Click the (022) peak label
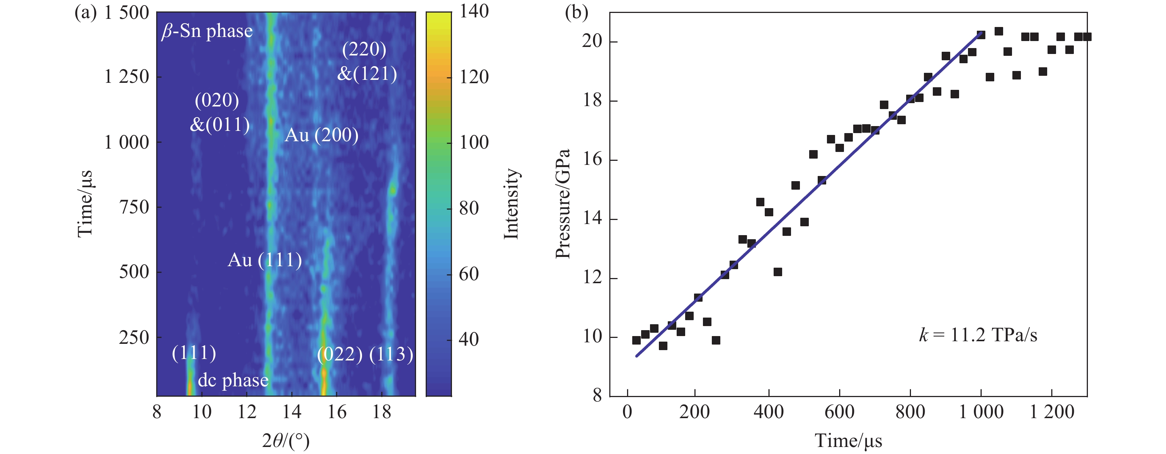[x=340, y=355]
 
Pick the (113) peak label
[x=391, y=355]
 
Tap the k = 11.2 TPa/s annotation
[x=978, y=335]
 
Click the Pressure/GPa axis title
[x=562, y=203]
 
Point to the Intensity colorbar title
[x=512, y=203]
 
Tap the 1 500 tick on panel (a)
[x=126, y=13]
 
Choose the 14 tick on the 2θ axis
[x=292, y=412]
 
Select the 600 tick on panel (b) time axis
[x=839, y=412]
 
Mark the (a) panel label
[x=86, y=13]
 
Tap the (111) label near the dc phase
[x=194, y=353]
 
